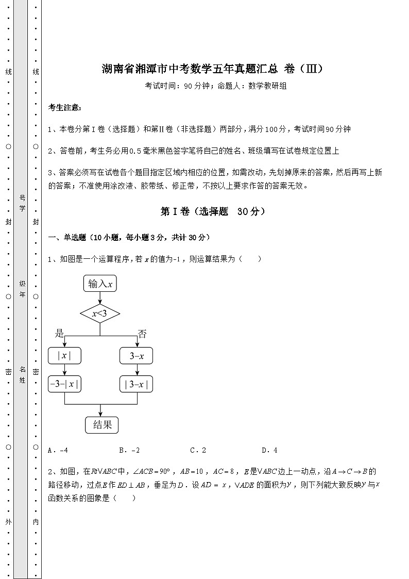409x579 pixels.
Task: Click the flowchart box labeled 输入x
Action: pyautogui.click(x=100, y=284)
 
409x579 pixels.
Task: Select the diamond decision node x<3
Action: pyautogui.click(x=100, y=313)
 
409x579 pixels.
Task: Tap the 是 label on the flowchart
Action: pyautogui.click(x=60, y=334)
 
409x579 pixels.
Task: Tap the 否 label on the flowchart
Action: pyautogui.click(x=142, y=334)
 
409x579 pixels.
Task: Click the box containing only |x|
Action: pyautogui.click(x=64, y=356)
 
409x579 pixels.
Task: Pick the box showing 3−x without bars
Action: pyautogui.click(x=137, y=356)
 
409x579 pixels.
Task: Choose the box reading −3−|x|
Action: pyautogui.click(x=64, y=384)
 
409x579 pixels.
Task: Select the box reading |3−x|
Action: pyautogui.click(x=137, y=384)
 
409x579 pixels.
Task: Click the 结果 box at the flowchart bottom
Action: pyautogui.click(x=101, y=425)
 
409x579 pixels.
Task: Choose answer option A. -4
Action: pyautogui.click(x=58, y=450)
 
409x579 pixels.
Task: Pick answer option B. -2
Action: pyautogui.click(x=129, y=450)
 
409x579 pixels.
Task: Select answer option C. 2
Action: pyautogui.click(x=198, y=450)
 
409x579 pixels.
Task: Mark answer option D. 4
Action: pyautogui.click(x=269, y=450)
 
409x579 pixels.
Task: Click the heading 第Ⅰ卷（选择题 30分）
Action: pyautogui.click(x=213, y=211)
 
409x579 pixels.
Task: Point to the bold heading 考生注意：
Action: pyautogui.click(x=64, y=107)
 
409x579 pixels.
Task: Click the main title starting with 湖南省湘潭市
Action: pyautogui.click(x=213, y=69)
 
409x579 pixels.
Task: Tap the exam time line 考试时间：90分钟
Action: pyautogui.click(x=215, y=86)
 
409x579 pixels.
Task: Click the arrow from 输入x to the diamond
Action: pyautogui.click(x=100, y=297)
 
